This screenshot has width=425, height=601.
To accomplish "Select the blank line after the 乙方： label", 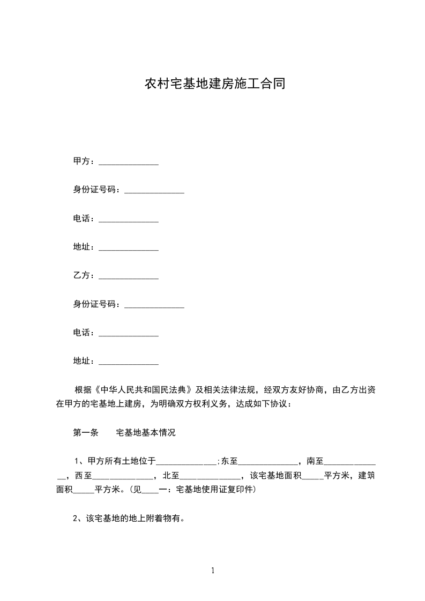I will coord(129,277).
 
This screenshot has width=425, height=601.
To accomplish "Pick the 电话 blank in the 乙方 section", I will coord(129,334).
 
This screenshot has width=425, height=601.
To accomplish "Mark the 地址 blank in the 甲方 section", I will coord(129,249).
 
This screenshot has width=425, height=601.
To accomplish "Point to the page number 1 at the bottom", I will coord(213,570).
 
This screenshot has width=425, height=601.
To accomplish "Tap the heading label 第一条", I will coord(85,433).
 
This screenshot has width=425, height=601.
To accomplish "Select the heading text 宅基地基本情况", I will coord(146,433).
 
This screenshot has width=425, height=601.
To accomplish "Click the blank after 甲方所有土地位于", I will coord(185,462).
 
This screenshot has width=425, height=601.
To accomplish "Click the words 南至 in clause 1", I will coord(315,461).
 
